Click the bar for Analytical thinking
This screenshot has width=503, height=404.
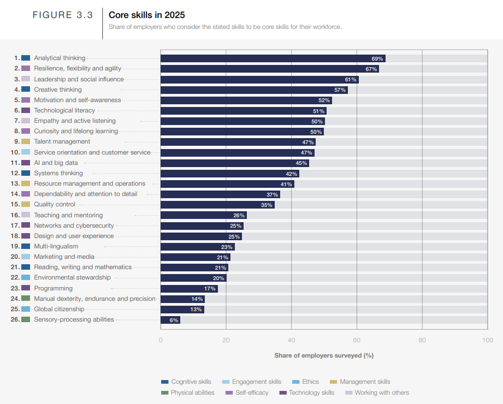click(273, 58)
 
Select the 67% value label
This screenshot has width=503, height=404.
click(371, 69)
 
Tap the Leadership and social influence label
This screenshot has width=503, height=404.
click(79, 79)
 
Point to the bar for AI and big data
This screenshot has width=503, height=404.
click(234, 163)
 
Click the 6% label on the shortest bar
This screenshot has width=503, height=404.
click(174, 320)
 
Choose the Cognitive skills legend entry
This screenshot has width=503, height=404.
click(190, 382)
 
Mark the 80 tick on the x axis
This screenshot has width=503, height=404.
click(422, 341)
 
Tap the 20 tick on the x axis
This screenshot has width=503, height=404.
click(226, 341)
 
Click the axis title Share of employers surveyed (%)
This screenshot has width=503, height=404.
click(323, 355)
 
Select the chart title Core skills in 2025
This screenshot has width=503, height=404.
click(147, 15)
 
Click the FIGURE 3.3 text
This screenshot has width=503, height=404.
click(63, 15)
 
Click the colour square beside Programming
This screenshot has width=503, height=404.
click(26, 288)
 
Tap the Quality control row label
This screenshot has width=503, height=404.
click(55, 205)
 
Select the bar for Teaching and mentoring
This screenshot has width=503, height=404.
click(203, 215)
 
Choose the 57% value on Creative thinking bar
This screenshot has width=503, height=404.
click(340, 90)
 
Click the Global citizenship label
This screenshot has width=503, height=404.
click(59, 309)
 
